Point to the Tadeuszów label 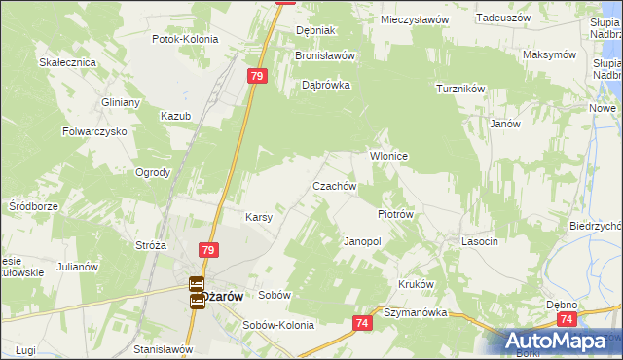pyautogui.click(x=502, y=18)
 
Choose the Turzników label pyautogui.click(x=460, y=89)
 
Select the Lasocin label pyautogui.click(x=480, y=240)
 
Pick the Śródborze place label pyautogui.click(x=34, y=206)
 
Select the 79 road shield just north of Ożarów pyautogui.click(x=208, y=250)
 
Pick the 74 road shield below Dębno pyautogui.click(x=567, y=318)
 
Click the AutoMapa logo pyautogui.click(x=562, y=342)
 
